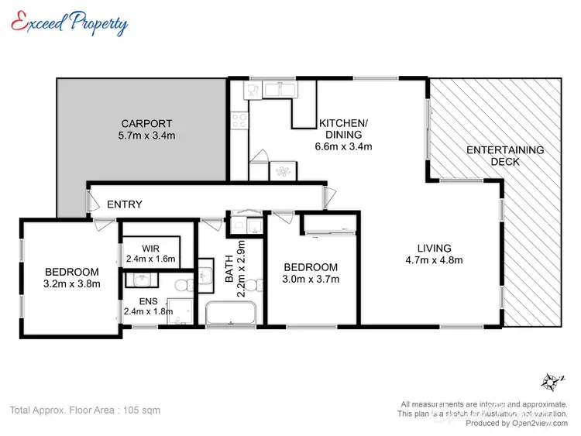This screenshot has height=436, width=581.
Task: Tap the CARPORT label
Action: (x=146, y=123)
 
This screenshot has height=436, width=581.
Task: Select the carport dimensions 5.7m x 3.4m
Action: (x=146, y=136)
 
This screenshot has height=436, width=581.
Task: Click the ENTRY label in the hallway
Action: (x=124, y=204)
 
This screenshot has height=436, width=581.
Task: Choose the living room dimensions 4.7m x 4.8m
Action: (x=434, y=260)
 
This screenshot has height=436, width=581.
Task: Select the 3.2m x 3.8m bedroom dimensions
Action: (x=71, y=283)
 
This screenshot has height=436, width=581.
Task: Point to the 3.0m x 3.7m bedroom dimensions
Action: (x=310, y=279)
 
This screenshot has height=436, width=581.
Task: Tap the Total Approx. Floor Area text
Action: (x=84, y=410)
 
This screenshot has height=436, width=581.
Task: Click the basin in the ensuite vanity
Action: (x=141, y=279)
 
